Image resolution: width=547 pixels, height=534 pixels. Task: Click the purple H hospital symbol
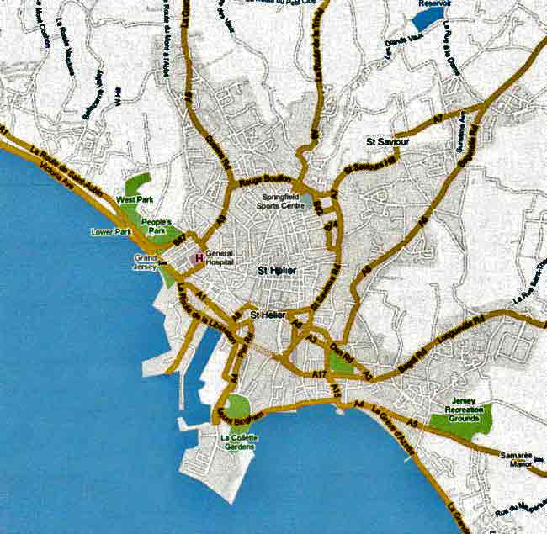[x=199, y=258]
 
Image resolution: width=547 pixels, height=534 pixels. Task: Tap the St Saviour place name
[x=388, y=143]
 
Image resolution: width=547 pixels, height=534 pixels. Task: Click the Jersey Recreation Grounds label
[x=467, y=410]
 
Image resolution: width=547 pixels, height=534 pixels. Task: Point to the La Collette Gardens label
[x=239, y=442]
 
